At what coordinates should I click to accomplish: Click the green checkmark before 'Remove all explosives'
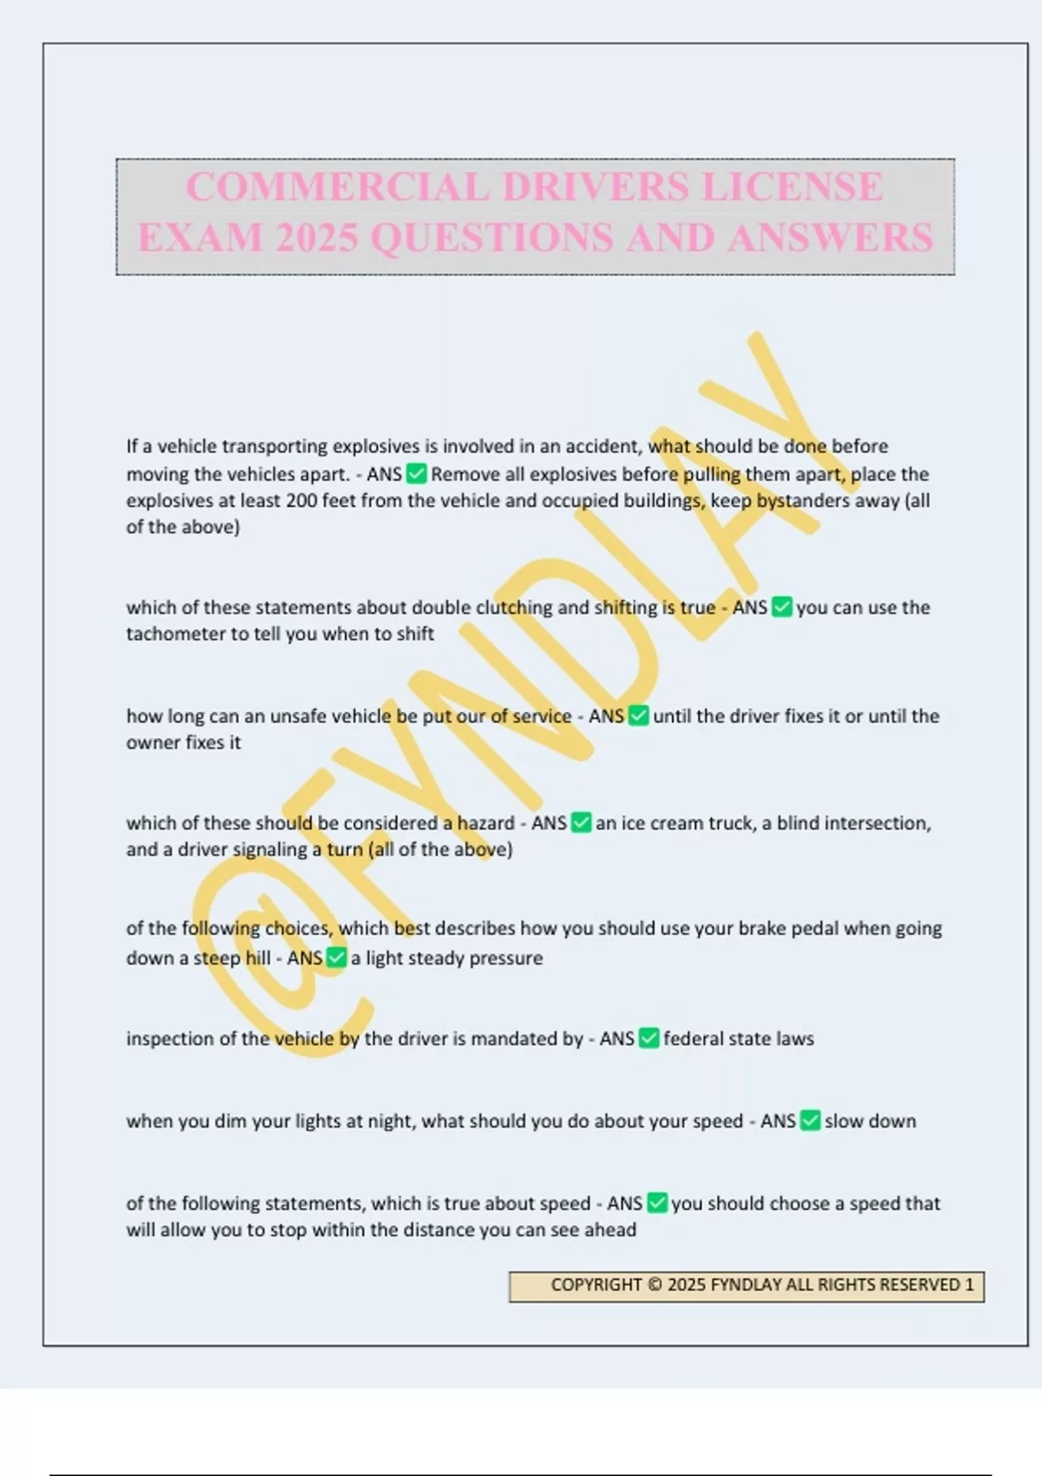[417, 474]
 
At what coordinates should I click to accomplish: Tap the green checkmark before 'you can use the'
[781, 607]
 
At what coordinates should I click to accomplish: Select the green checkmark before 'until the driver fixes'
[638, 716]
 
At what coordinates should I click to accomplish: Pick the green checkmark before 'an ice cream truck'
[581, 822]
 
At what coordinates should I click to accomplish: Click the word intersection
[877, 822]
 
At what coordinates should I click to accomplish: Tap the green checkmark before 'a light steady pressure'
[336, 958]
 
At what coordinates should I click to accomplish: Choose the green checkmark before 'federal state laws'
[649, 1038]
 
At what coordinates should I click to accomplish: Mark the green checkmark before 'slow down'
[810, 1121]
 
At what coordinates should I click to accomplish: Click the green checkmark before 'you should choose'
[657, 1203]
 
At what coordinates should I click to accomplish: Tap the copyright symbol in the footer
[655, 1285]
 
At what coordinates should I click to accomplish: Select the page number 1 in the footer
[970, 1285]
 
